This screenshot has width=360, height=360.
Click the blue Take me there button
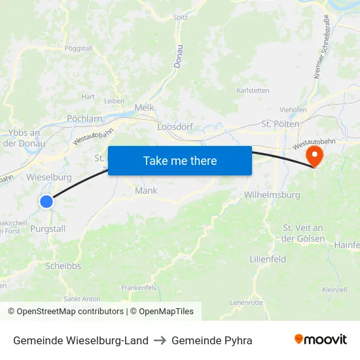[180, 160]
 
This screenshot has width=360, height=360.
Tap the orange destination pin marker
[315, 156]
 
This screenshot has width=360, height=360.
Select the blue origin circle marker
[46, 202]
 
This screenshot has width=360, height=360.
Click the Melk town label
[143, 107]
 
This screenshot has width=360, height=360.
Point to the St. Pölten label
[280, 123]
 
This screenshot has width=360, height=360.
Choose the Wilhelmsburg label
[272, 195]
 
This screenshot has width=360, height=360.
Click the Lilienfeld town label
[268, 259]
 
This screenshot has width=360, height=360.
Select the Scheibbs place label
[63, 266]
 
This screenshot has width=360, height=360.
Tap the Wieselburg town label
[49, 177]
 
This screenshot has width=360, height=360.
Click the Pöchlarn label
[84, 118]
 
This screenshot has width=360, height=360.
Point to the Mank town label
[145, 190]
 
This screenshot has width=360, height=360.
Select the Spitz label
[181, 18]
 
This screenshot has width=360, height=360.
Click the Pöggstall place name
[79, 48]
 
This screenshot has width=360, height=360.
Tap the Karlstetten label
[253, 90]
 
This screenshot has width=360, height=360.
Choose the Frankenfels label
[138, 287]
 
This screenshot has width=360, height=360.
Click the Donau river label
[178, 58]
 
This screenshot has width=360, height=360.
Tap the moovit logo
[320, 340]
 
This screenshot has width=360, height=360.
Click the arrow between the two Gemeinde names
[160, 340]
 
